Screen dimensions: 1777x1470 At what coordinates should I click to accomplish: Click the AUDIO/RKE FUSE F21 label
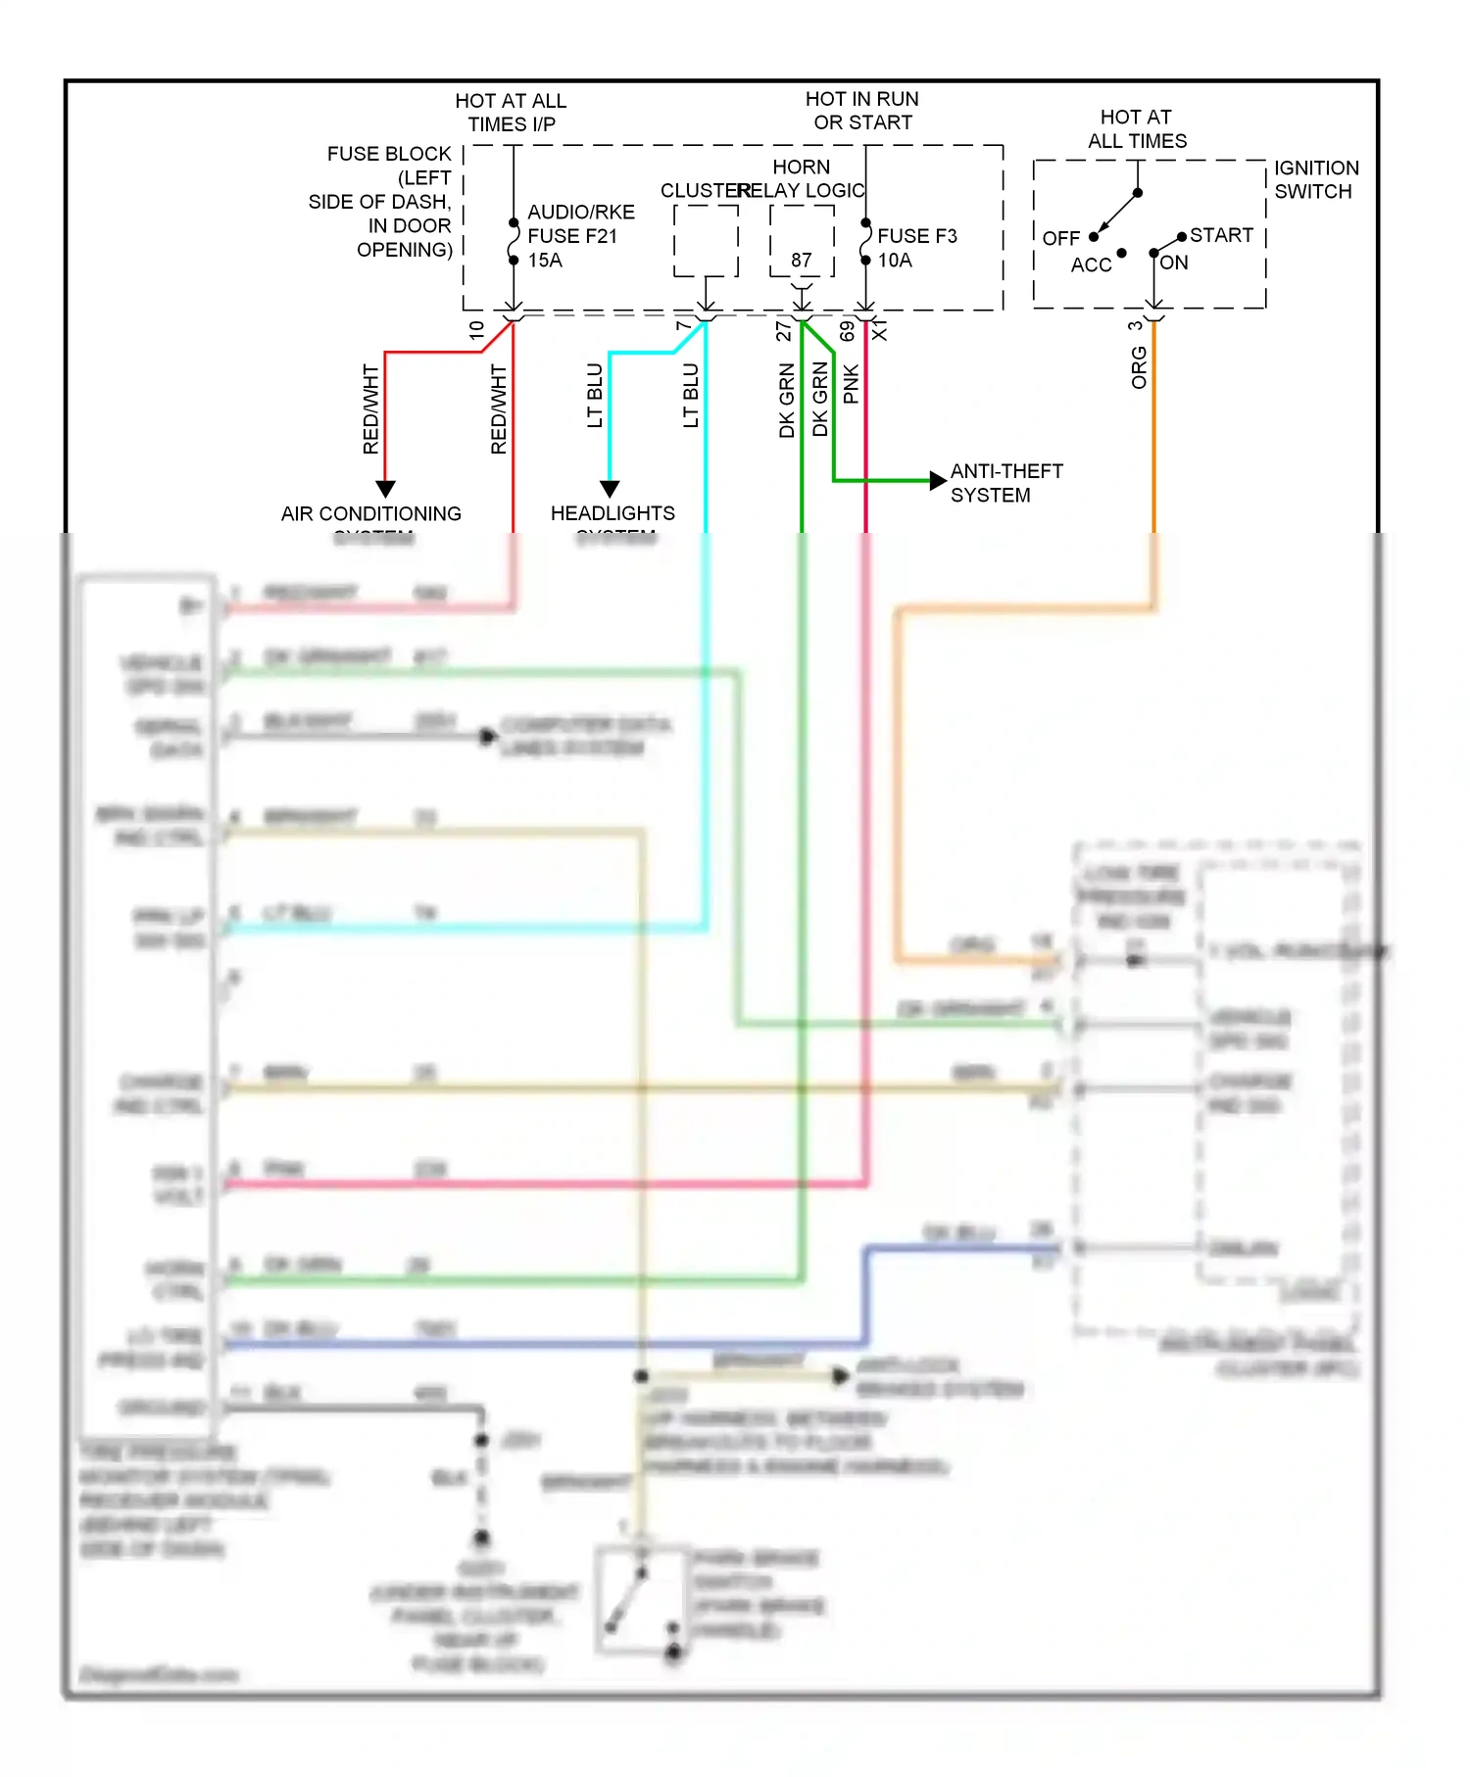(x=580, y=235)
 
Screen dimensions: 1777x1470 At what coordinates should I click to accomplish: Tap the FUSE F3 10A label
(x=916, y=247)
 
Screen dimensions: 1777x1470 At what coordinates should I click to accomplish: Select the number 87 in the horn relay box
(x=802, y=260)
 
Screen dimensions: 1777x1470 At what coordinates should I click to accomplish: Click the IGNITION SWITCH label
(x=1315, y=179)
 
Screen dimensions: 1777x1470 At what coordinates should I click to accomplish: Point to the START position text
(x=1221, y=235)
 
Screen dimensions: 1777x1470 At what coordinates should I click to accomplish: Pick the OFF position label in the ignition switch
(x=1060, y=238)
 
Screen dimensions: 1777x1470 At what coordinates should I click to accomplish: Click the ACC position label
(x=1091, y=264)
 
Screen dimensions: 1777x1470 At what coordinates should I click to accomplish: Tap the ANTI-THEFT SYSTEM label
(x=1005, y=483)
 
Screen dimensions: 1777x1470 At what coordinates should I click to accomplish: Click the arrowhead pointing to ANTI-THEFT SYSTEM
(x=938, y=480)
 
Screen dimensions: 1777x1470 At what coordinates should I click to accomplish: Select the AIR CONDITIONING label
(x=370, y=514)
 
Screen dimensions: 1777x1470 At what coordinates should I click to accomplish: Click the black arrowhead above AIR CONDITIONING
(x=385, y=488)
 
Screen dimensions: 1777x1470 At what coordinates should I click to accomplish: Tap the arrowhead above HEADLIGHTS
(x=610, y=488)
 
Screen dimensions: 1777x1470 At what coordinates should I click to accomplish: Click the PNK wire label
(x=851, y=384)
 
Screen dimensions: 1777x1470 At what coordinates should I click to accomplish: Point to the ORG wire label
(x=1138, y=367)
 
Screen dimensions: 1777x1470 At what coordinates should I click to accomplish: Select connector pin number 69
(x=847, y=331)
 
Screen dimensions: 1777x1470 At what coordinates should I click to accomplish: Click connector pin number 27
(x=783, y=331)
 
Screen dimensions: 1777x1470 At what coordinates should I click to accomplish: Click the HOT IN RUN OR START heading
(x=861, y=111)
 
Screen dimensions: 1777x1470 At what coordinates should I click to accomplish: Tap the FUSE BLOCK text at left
(x=389, y=154)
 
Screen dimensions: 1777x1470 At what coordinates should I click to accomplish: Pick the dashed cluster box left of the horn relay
(x=706, y=241)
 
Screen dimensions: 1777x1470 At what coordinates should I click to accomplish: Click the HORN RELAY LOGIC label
(x=802, y=178)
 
